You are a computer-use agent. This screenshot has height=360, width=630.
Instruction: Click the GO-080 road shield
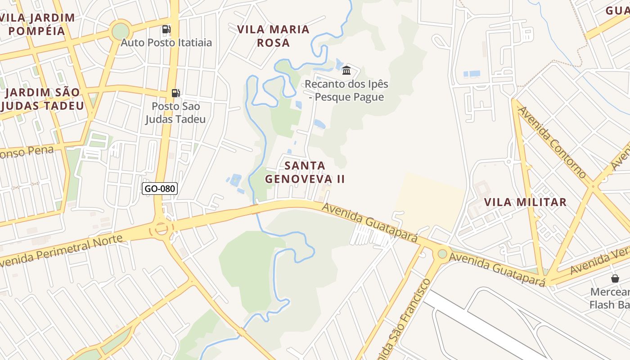pos(160,189)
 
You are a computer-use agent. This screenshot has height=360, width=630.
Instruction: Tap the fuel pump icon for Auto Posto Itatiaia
pos(166,30)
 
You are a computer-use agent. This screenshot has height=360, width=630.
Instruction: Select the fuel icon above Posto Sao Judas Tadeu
pos(175,93)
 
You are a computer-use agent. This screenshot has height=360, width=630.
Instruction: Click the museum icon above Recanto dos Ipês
pos(346,70)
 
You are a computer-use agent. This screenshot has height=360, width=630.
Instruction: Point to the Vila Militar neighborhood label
pos(525,202)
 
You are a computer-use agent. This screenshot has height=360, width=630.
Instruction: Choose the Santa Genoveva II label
pos(305,172)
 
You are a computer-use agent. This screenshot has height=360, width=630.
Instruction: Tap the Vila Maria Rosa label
pos(273,36)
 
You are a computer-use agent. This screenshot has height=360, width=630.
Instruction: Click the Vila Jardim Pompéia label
pos(38,24)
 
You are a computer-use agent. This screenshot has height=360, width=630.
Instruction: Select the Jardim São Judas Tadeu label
pos(43,99)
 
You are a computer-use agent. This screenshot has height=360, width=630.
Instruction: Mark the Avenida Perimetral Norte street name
pos(62,250)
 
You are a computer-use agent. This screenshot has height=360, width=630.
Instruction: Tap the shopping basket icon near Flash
pos(615,279)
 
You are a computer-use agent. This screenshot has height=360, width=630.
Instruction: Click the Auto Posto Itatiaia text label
pos(166,43)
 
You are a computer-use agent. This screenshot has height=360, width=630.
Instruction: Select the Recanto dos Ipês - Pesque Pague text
pos(346,90)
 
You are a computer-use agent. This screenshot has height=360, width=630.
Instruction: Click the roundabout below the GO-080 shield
pos(161,229)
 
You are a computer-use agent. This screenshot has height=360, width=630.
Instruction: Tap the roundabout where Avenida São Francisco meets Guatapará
pos(442,254)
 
